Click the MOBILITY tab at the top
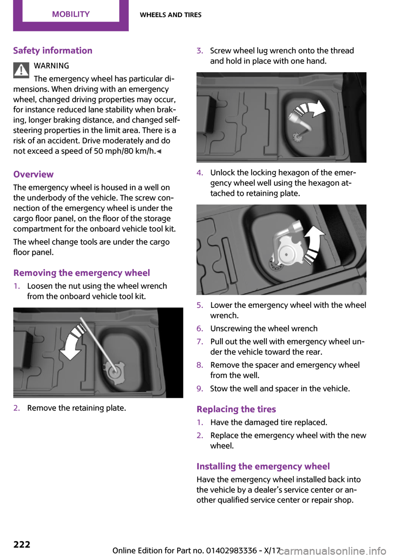click(x=71, y=14)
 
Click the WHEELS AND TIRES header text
click(x=171, y=15)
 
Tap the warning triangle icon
click(x=21, y=70)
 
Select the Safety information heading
click(x=53, y=51)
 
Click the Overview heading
click(x=34, y=175)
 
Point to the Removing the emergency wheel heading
click(x=81, y=273)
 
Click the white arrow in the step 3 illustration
click(x=311, y=109)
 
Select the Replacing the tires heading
click(x=236, y=409)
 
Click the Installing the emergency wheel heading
click(x=263, y=467)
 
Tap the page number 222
click(x=22, y=544)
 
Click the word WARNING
click(x=52, y=66)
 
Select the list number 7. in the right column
click(x=200, y=342)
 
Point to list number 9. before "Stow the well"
click(x=200, y=389)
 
